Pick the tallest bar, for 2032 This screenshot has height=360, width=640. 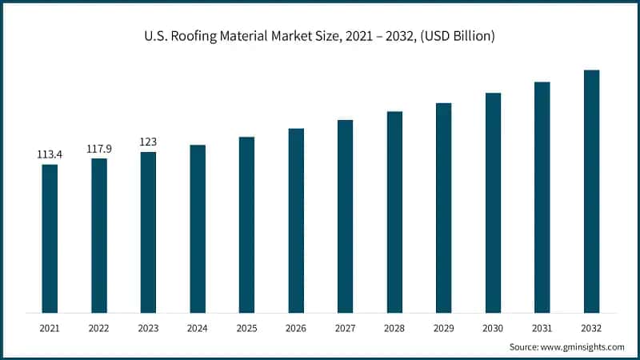(x=591, y=191)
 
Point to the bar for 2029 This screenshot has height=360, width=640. (x=443, y=208)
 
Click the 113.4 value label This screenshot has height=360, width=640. (x=50, y=154)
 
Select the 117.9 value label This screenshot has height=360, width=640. (x=99, y=148)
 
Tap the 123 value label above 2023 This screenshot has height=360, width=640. (x=148, y=142)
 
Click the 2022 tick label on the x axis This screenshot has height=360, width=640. (x=99, y=328)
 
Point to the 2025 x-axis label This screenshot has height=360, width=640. (x=246, y=328)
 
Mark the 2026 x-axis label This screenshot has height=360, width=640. (x=296, y=328)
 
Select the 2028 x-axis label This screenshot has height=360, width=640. (x=394, y=328)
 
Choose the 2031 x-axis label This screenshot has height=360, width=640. (x=542, y=328)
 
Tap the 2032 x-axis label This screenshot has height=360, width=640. (x=591, y=328)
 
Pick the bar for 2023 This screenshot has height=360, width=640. (x=148, y=232)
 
